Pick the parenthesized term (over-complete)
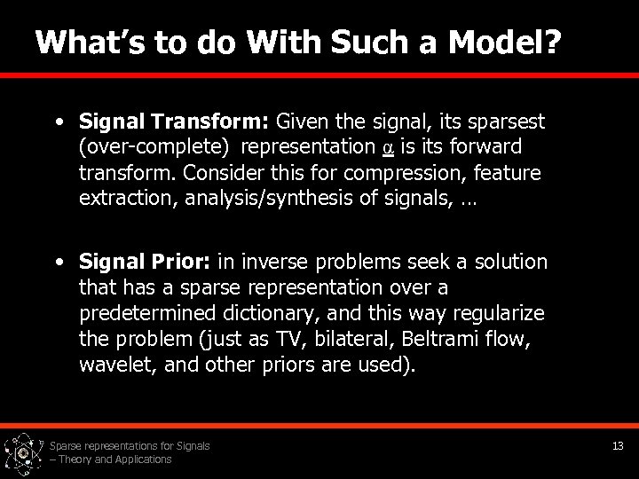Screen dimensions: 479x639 tap(155, 146)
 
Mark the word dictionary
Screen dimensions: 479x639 tap(272, 313)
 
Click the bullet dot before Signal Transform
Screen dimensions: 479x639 tap(59, 121)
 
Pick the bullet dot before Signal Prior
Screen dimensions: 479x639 tap(59, 263)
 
